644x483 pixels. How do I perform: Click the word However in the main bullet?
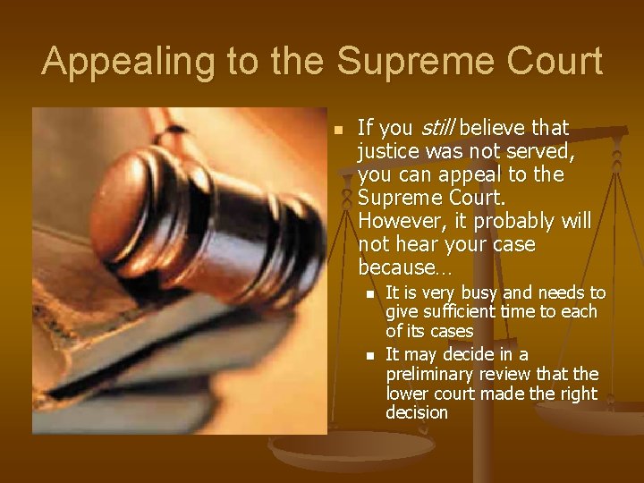(397, 220)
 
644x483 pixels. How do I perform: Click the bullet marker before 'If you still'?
(338, 130)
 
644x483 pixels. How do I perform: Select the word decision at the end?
(417, 412)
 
